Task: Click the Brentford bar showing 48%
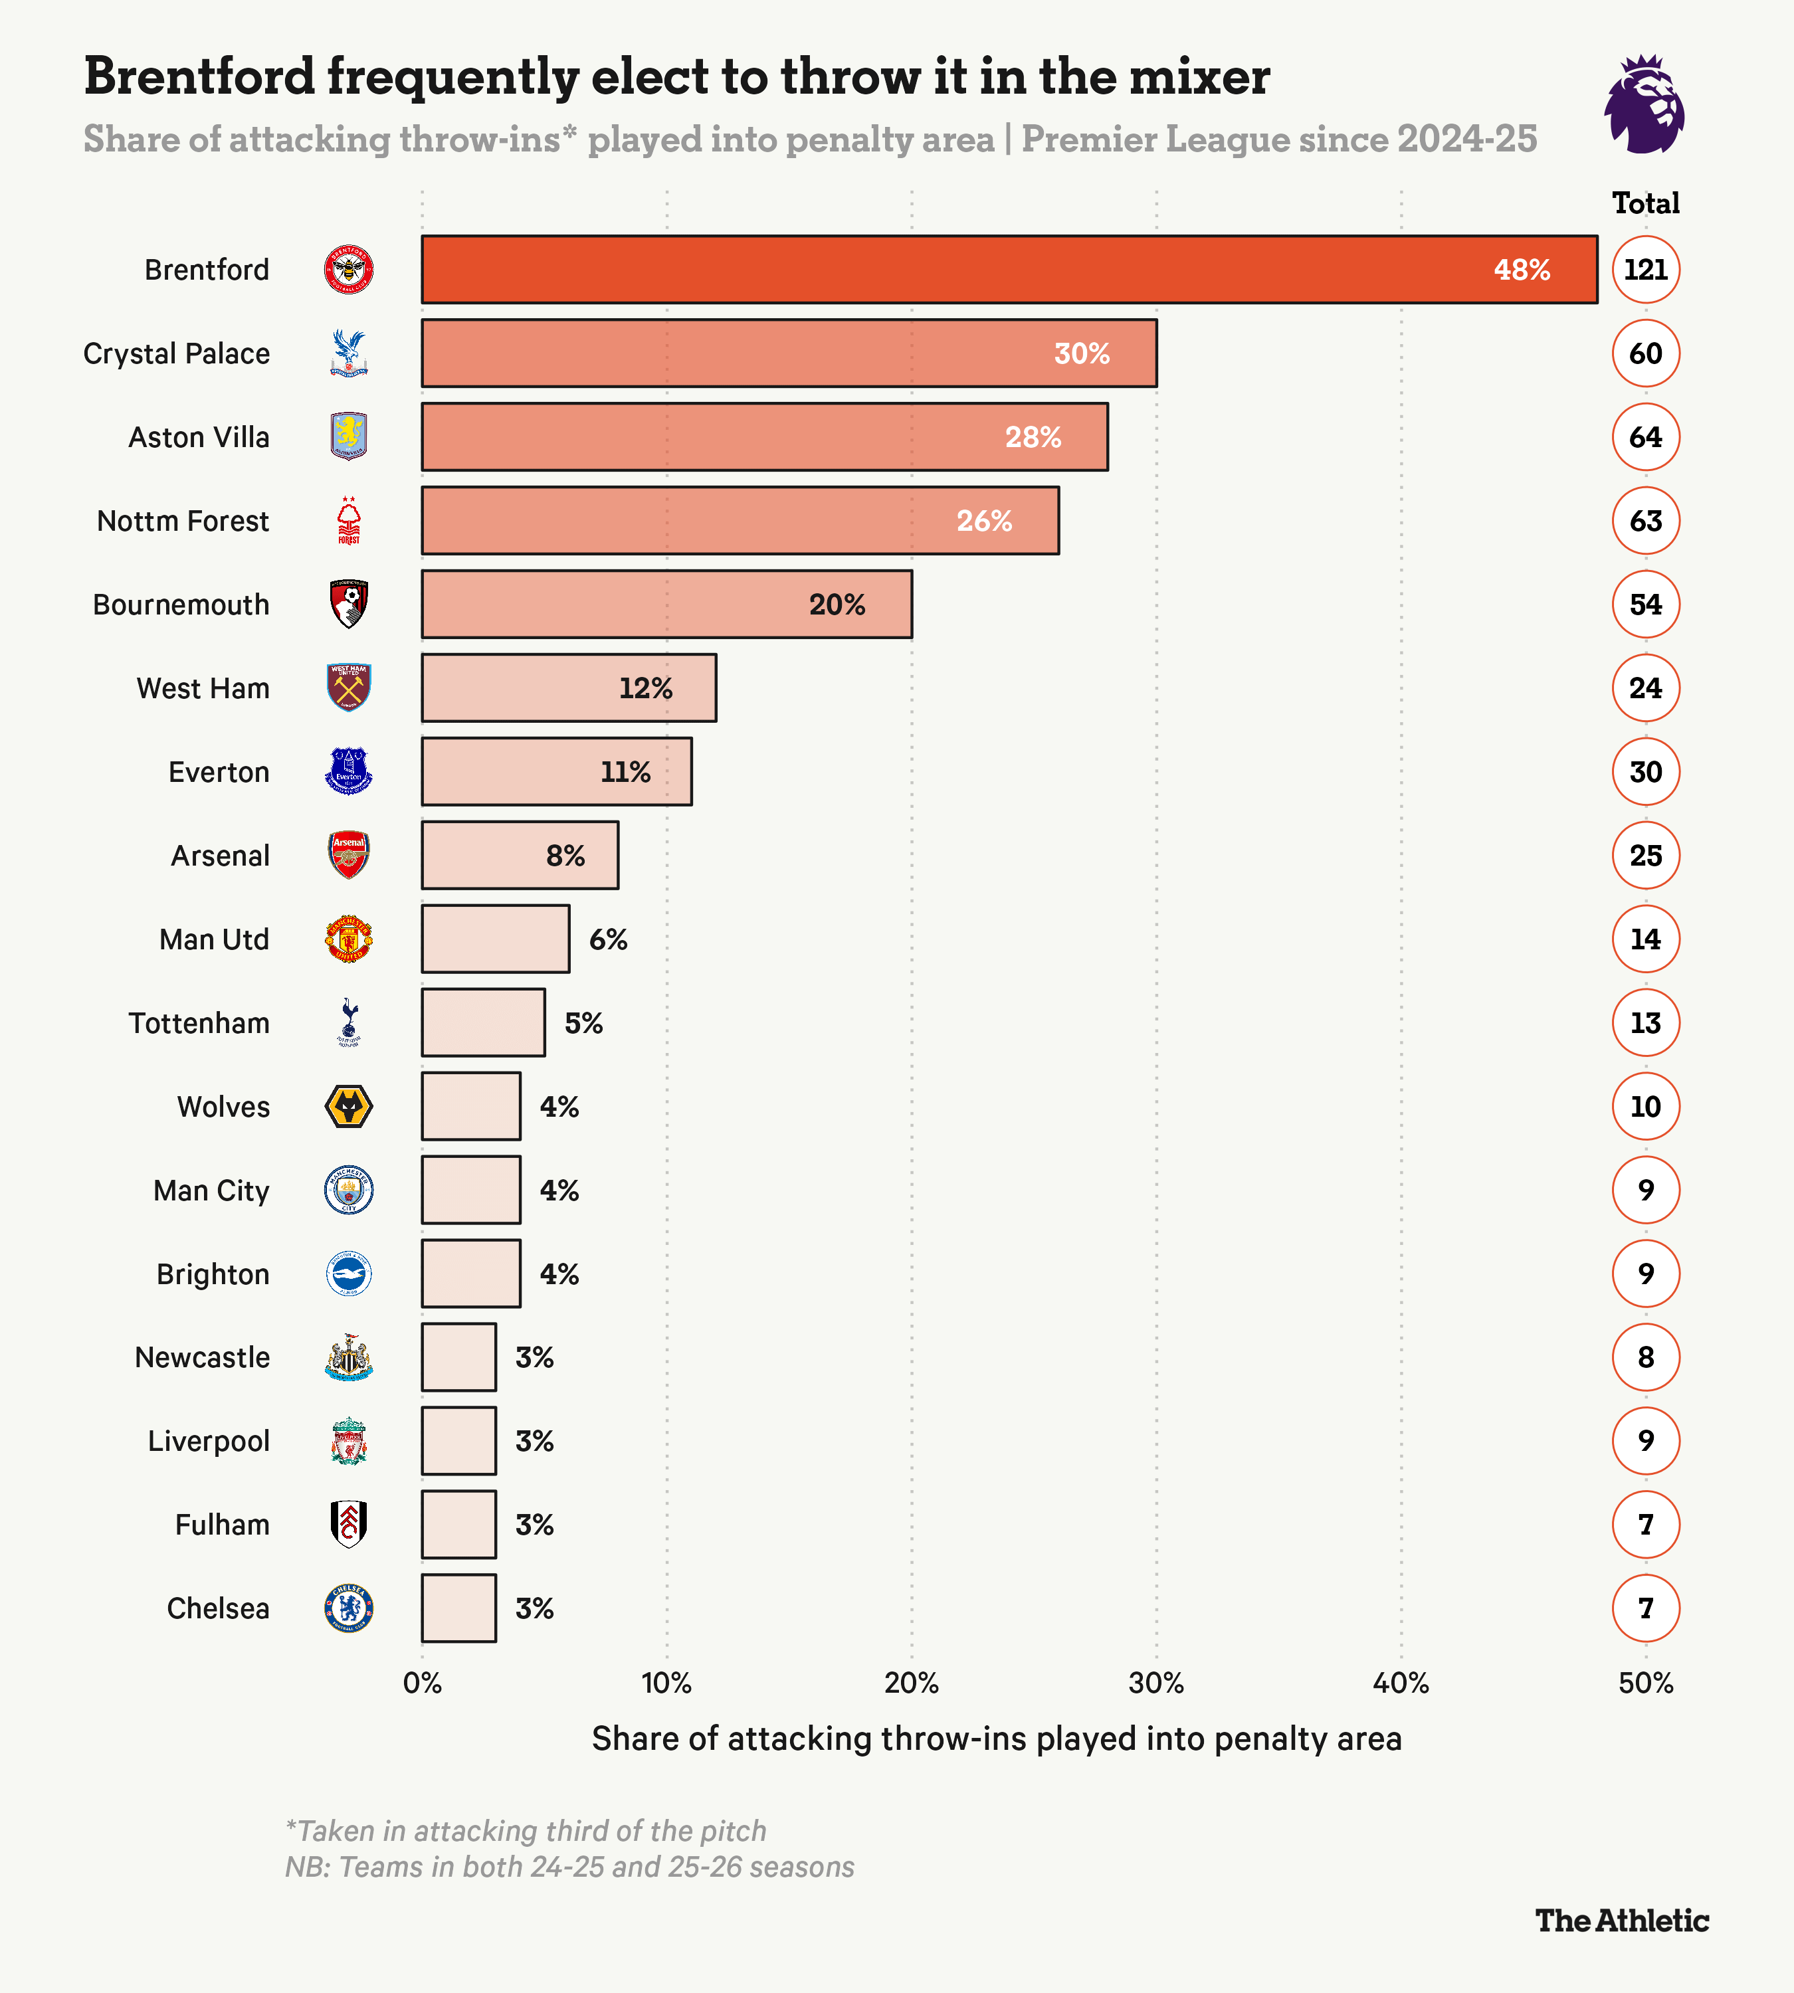tap(1009, 269)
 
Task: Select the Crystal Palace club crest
tap(348, 353)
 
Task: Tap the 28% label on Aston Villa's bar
tap(1033, 436)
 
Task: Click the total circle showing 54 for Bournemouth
tap(1645, 604)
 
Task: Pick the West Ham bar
tap(569, 688)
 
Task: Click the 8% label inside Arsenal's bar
tap(566, 856)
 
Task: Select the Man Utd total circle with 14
tap(1645, 939)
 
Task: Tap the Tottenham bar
tap(483, 1022)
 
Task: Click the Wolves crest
tap(348, 1106)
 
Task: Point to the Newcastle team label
tap(202, 1357)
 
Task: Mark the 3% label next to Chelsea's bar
tap(534, 1608)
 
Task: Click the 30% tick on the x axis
tap(1155, 1683)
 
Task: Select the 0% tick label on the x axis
tap(422, 1683)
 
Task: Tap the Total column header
tap(1645, 203)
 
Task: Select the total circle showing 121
tap(1645, 269)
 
